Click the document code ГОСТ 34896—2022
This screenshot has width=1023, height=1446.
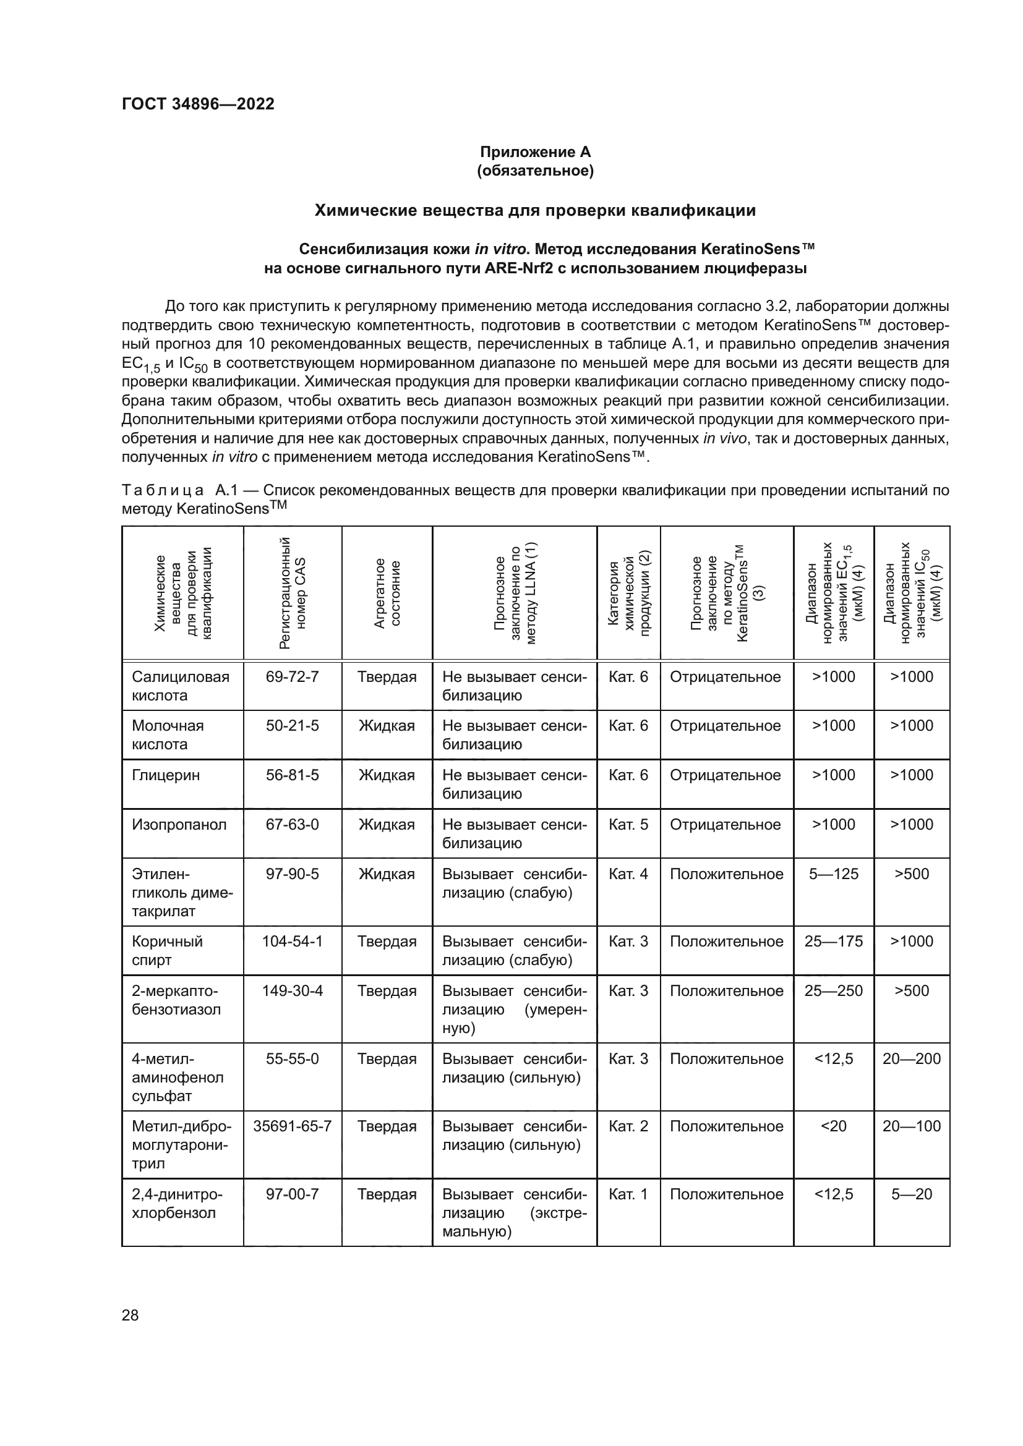click(x=198, y=104)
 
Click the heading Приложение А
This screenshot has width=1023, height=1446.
click(x=535, y=152)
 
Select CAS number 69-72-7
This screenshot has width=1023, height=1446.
click(x=293, y=676)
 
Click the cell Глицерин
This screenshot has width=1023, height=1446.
click(x=166, y=775)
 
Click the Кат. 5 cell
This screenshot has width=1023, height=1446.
click(x=628, y=825)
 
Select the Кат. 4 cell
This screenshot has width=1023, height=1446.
click(x=628, y=874)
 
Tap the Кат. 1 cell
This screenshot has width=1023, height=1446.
click(x=628, y=1194)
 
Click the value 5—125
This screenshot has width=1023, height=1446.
click(x=833, y=874)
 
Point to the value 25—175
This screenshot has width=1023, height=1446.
click(x=833, y=941)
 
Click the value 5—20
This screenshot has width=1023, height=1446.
click(x=911, y=1194)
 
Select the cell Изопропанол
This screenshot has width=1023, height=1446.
click(x=179, y=825)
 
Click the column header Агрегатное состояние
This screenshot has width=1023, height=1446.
click(x=387, y=593)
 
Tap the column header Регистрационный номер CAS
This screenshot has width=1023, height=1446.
click(x=293, y=593)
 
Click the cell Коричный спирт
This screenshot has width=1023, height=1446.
click(x=168, y=950)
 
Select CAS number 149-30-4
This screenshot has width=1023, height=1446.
click(x=293, y=990)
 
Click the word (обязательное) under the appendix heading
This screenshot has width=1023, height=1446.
click(x=535, y=171)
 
